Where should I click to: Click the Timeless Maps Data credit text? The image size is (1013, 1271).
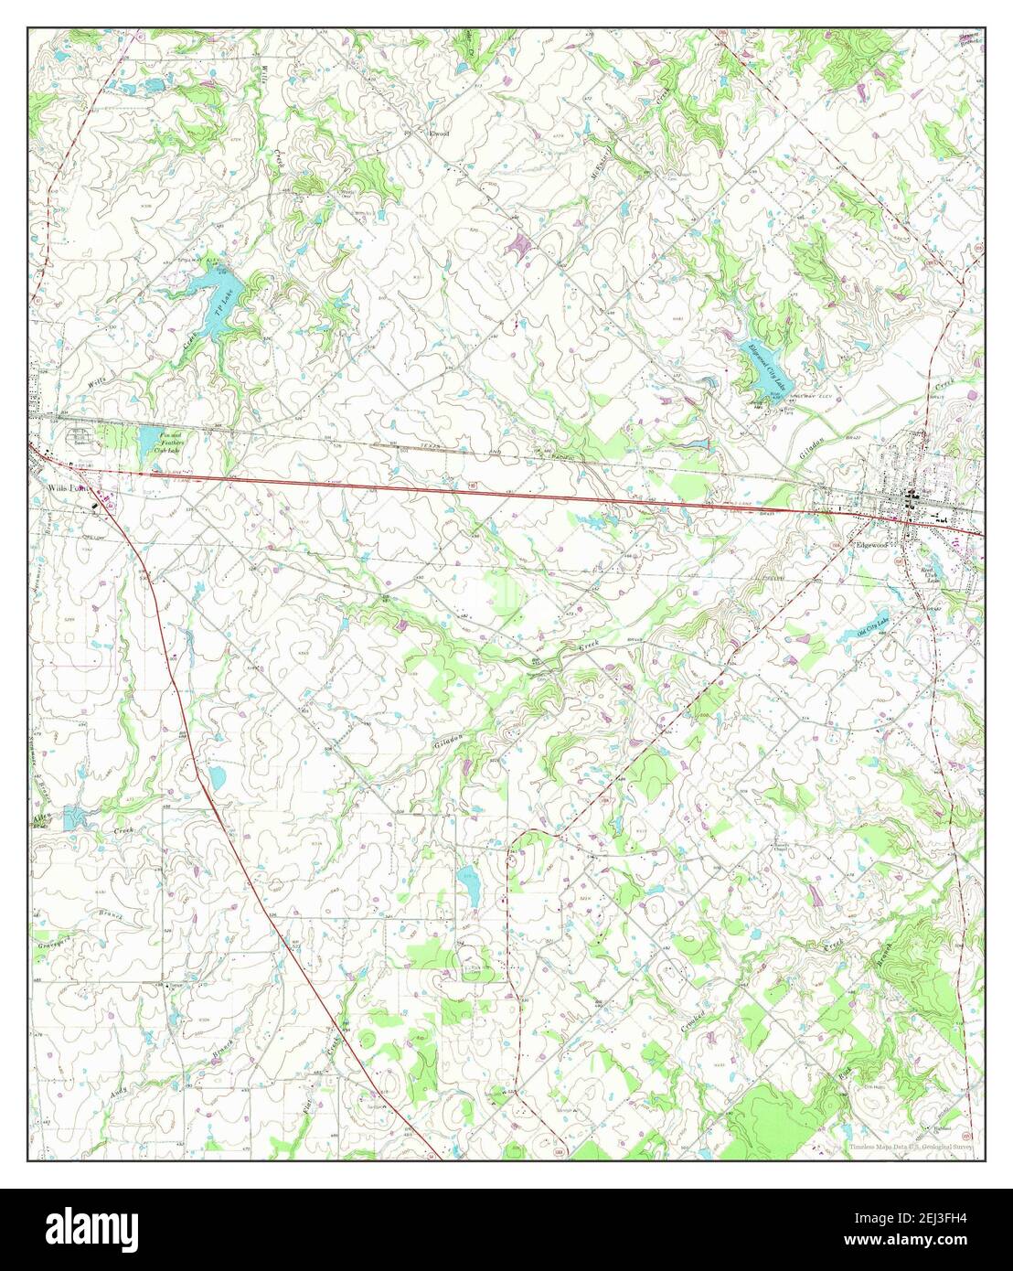tap(910, 1145)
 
